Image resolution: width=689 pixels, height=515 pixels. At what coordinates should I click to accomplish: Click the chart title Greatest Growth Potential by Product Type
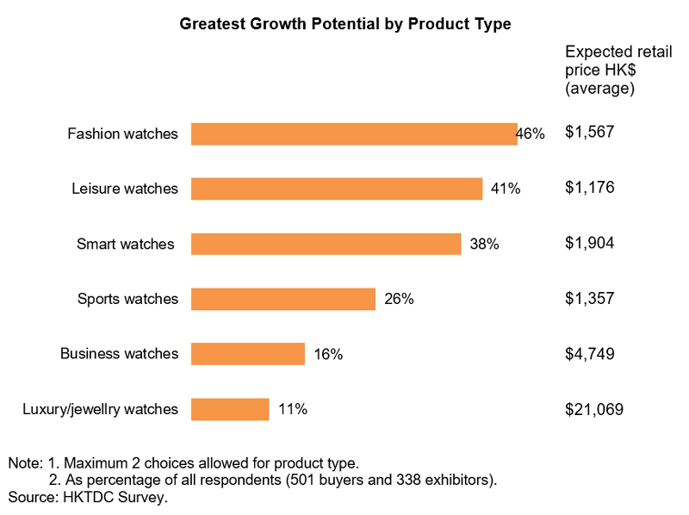click(x=344, y=24)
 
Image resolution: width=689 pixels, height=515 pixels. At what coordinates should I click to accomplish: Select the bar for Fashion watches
click(x=353, y=133)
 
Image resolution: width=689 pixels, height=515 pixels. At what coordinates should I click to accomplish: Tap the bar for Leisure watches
click(x=336, y=189)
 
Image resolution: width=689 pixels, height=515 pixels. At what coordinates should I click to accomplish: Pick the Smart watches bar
click(x=326, y=244)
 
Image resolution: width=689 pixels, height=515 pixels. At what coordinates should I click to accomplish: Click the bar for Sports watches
click(x=282, y=299)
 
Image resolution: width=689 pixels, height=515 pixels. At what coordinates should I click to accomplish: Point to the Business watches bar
click(x=247, y=354)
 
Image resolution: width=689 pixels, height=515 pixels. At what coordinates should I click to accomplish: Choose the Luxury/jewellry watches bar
click(x=229, y=409)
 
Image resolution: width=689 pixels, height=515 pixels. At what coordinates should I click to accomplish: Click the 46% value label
click(x=531, y=133)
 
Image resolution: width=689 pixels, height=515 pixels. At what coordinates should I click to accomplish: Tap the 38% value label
click(x=484, y=244)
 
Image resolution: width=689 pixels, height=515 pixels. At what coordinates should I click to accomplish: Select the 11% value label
click(x=293, y=409)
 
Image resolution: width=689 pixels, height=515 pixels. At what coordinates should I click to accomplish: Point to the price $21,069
click(x=593, y=409)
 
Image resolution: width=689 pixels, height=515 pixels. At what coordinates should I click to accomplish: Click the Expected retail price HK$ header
click(x=606, y=70)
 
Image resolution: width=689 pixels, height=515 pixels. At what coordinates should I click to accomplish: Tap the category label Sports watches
click(x=127, y=299)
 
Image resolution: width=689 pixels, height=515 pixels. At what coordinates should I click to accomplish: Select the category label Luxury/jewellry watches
click(x=100, y=409)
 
